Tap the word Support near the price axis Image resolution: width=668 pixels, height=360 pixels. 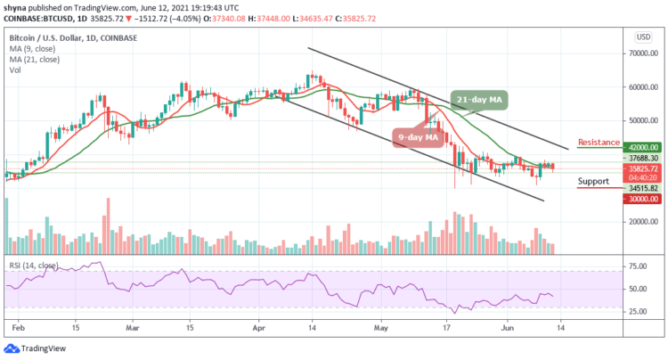pos(593,181)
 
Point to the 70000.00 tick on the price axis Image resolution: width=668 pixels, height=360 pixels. pos(639,54)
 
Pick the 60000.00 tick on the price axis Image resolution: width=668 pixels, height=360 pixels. pos(639,87)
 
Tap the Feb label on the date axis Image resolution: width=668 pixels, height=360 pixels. pos(18,327)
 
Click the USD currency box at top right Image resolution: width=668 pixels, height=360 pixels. pos(641,37)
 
